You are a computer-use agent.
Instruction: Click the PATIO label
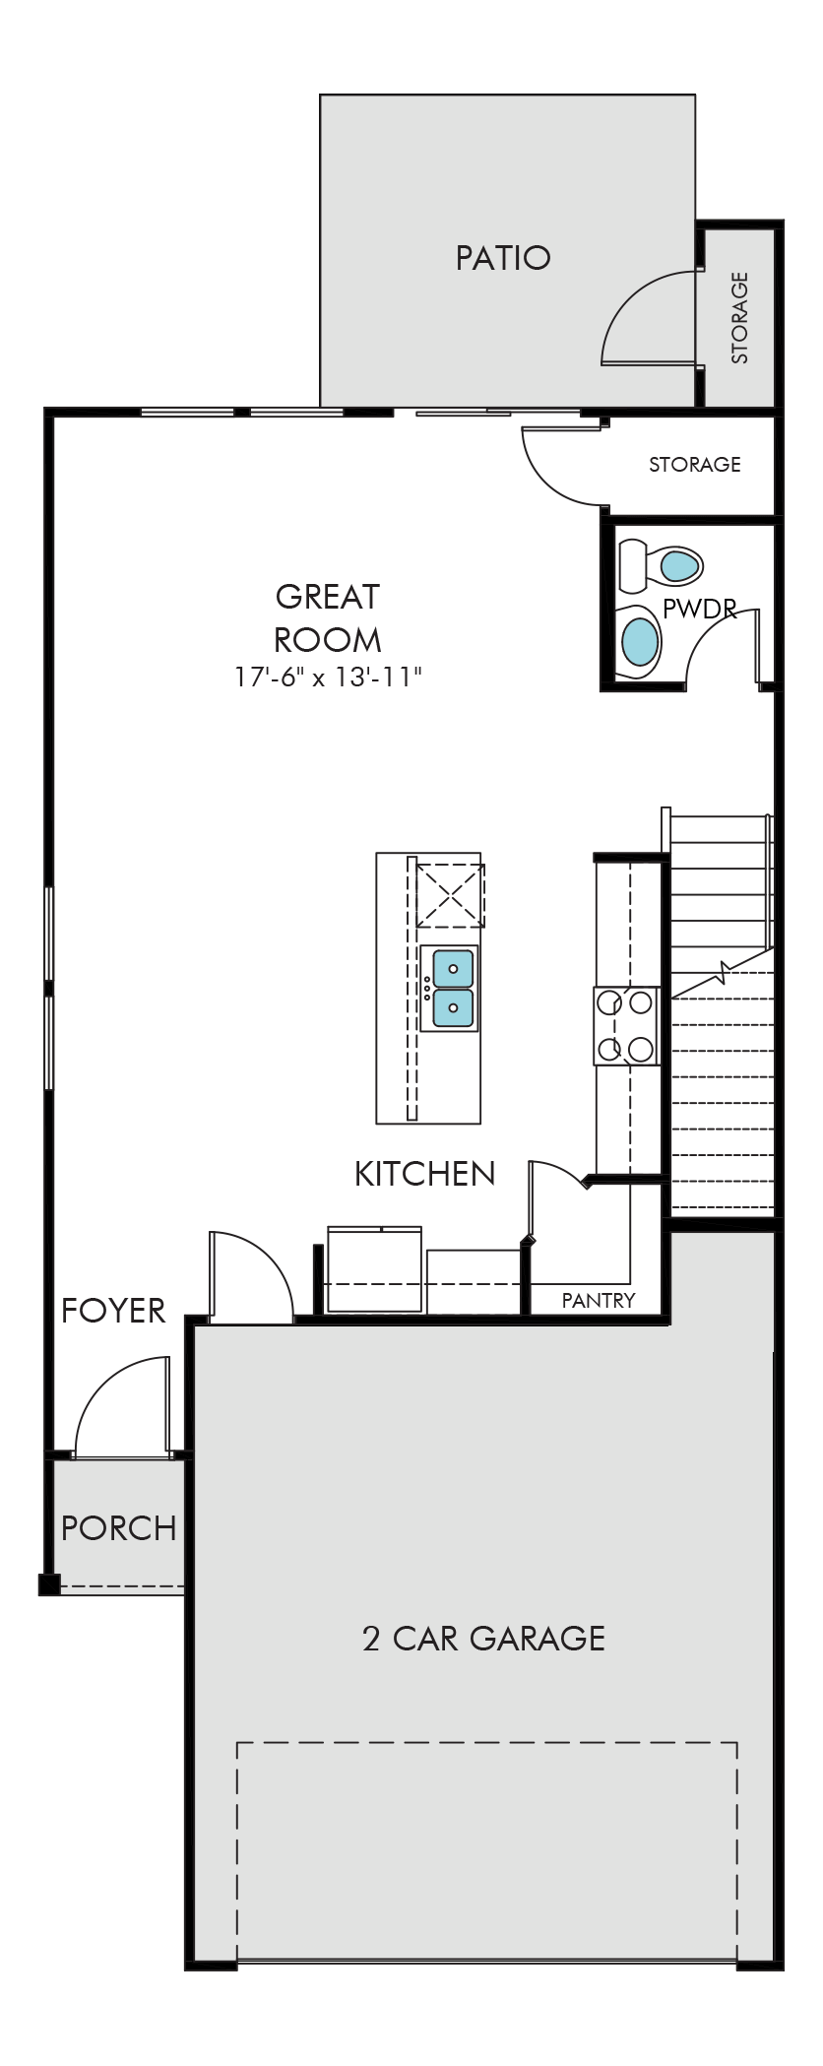(502, 258)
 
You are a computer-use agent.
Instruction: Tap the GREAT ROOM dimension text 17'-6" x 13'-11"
(329, 678)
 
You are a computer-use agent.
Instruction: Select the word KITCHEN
(424, 1174)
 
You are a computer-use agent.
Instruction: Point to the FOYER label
(113, 1311)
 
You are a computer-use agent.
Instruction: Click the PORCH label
(119, 1528)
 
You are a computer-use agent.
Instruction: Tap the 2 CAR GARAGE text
(483, 1638)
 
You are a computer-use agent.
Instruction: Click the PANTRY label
(599, 1300)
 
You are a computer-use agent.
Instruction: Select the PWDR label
(699, 609)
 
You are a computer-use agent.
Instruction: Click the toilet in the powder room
(660, 565)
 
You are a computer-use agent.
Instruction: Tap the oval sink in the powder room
(640, 641)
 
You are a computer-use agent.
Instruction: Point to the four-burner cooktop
(626, 1026)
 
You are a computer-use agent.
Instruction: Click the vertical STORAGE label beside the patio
(739, 318)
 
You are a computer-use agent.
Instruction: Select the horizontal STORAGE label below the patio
(695, 464)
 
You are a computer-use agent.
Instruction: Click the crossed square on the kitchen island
(450, 895)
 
